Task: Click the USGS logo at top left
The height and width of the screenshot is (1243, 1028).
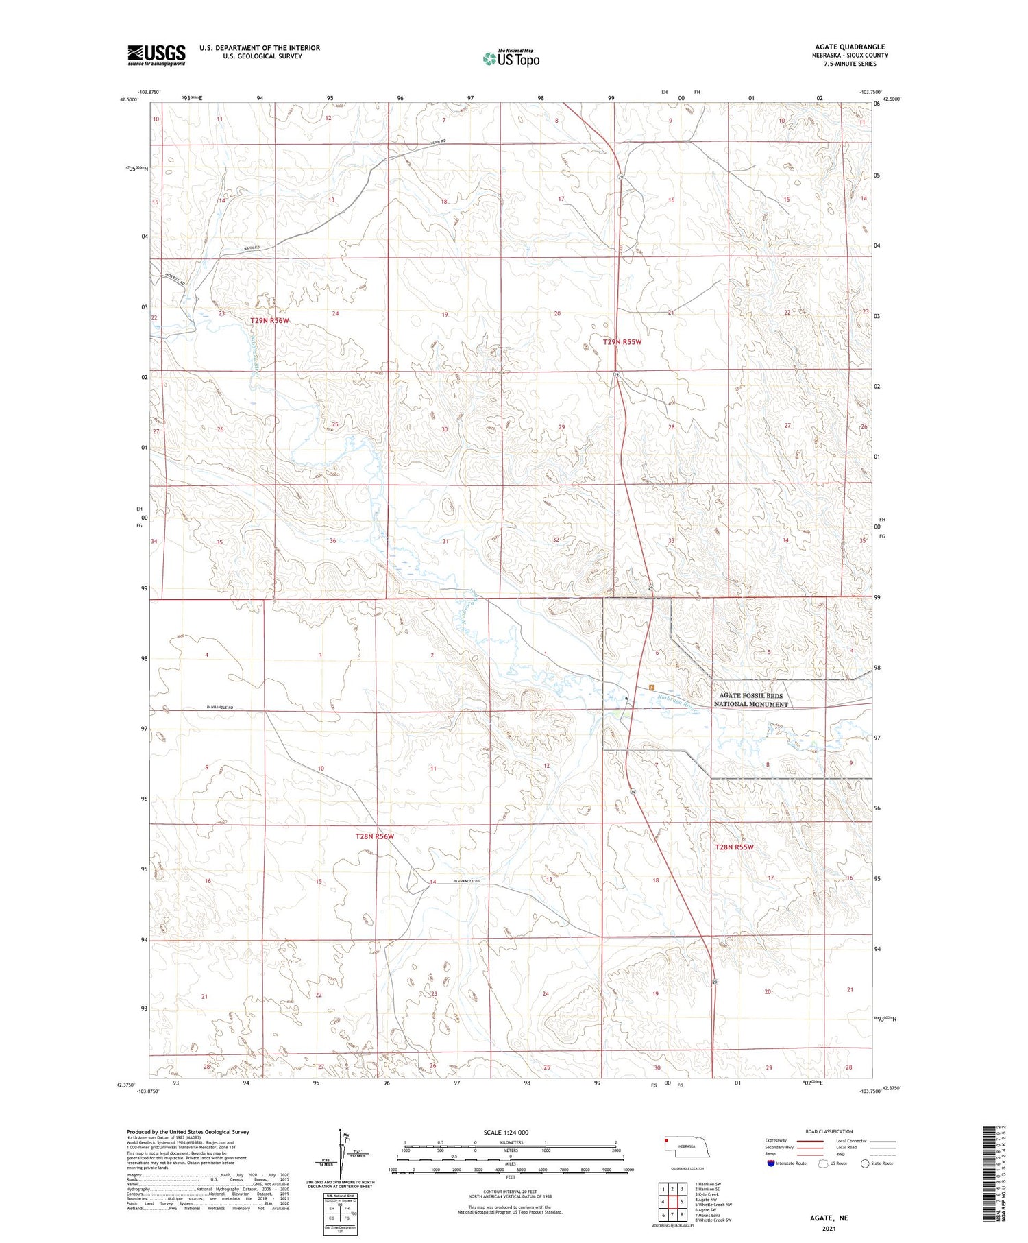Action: (x=156, y=55)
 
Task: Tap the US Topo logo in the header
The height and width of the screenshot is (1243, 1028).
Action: (x=511, y=58)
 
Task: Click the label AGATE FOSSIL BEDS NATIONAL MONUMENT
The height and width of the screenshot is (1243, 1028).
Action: (x=750, y=700)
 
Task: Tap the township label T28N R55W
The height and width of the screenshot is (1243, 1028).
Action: (x=734, y=847)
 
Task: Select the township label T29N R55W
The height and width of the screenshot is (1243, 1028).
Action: (x=622, y=341)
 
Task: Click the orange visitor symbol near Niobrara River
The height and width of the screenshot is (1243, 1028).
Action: (x=652, y=688)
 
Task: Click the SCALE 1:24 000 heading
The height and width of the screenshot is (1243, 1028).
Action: (x=506, y=1132)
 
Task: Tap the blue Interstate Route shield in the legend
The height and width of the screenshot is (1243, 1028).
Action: (x=770, y=1163)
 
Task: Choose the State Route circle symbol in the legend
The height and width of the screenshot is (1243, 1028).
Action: (x=865, y=1163)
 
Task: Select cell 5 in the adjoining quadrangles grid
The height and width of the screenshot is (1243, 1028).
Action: (x=682, y=1202)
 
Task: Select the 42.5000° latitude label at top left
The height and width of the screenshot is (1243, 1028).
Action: (x=129, y=99)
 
